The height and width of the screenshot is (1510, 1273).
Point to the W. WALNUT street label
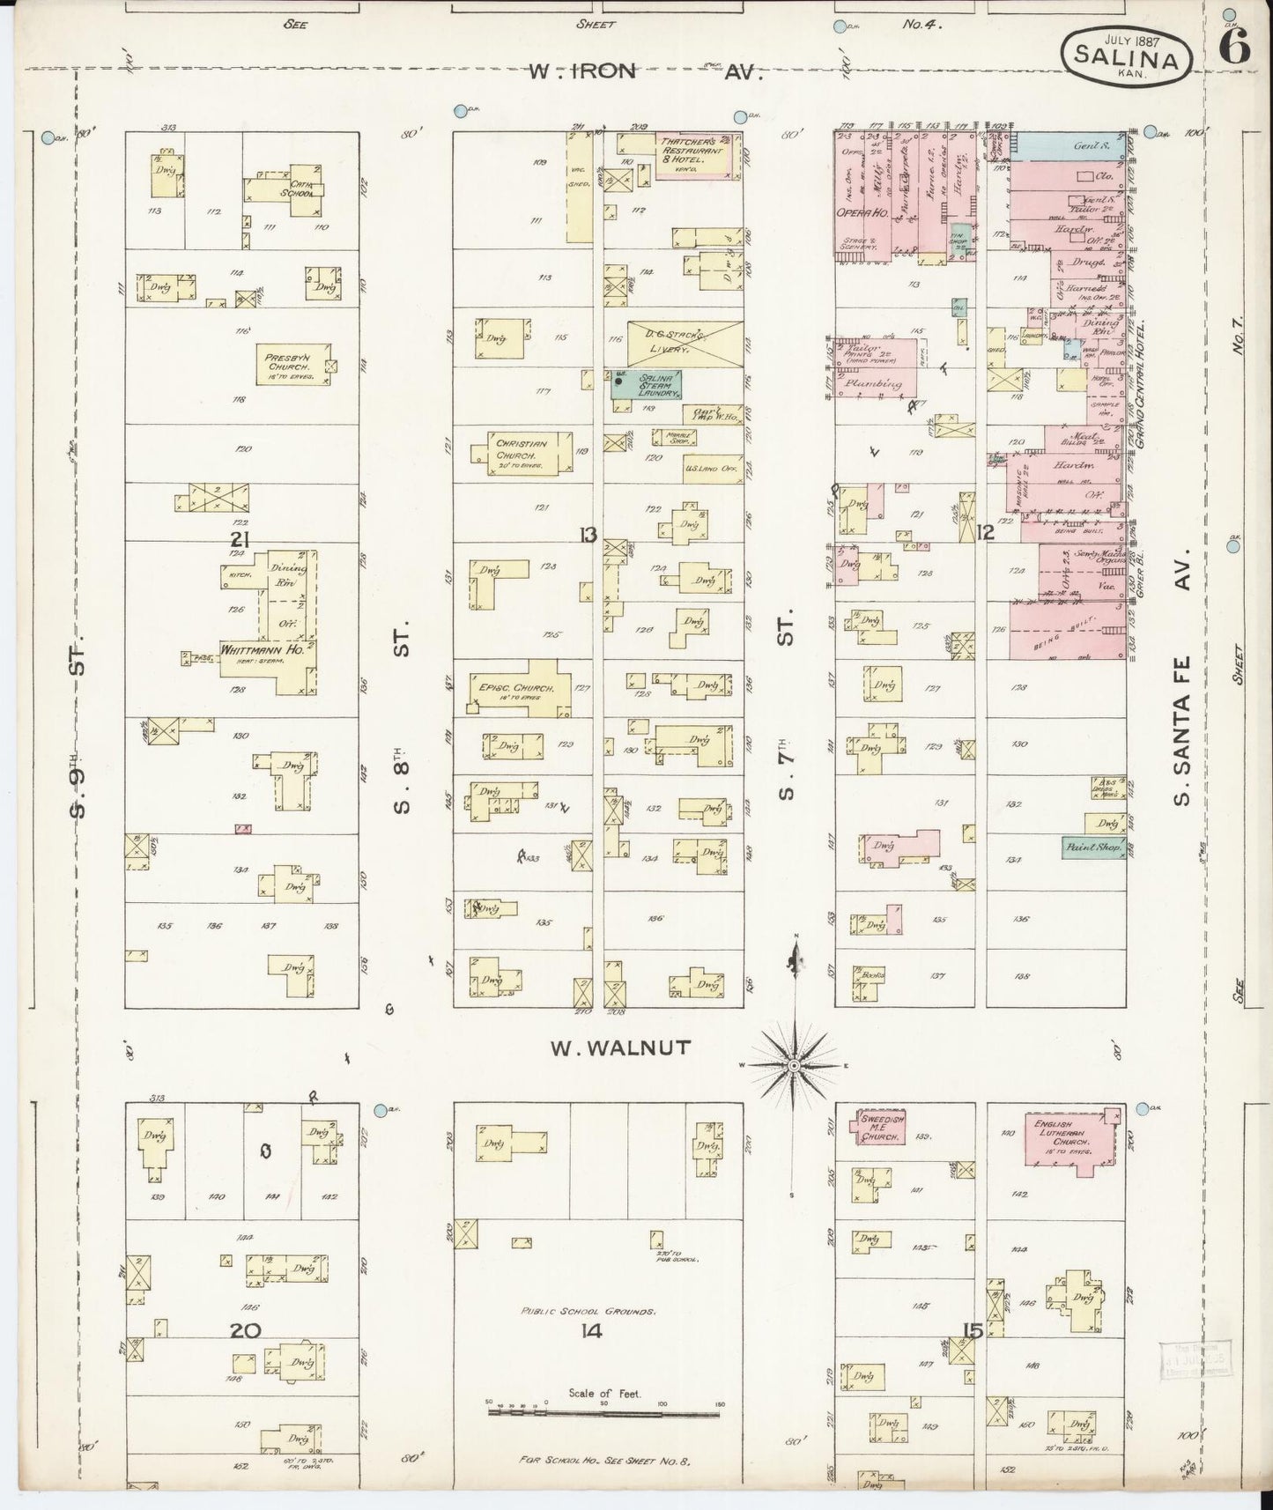(620, 1047)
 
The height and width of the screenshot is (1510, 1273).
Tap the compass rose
(794, 1065)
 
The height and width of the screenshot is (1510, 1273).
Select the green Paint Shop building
(1092, 848)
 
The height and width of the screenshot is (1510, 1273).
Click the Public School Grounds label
(587, 1312)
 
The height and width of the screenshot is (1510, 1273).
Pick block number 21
(239, 540)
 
